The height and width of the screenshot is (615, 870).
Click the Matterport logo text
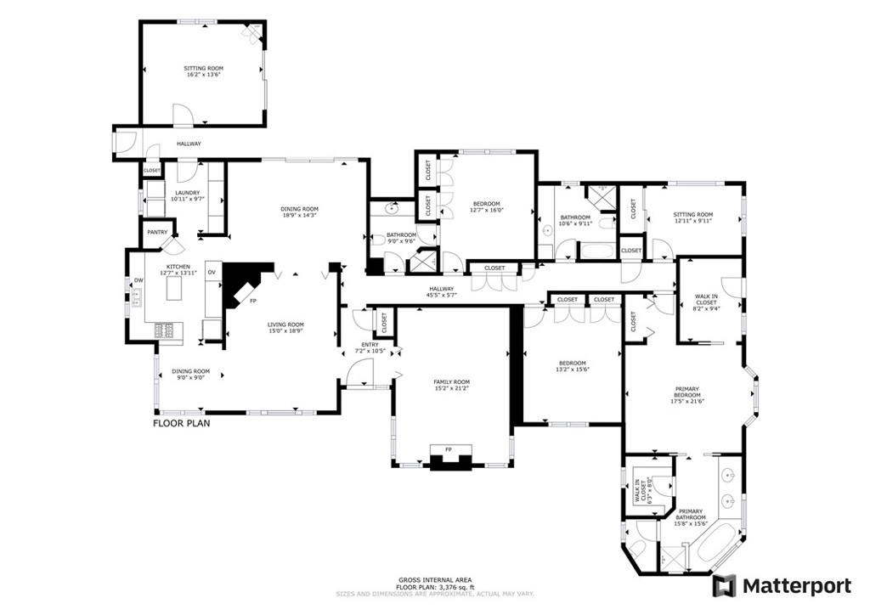(796, 586)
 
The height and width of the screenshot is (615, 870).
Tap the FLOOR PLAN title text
(181, 422)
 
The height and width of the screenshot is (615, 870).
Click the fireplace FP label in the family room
(449, 449)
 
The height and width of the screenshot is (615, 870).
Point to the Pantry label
(156, 232)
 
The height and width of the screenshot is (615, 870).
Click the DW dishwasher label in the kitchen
(138, 280)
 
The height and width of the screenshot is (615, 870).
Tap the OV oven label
(212, 272)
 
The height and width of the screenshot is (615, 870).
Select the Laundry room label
(187, 193)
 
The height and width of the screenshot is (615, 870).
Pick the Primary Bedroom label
(687, 395)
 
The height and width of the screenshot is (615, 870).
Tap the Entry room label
(370, 345)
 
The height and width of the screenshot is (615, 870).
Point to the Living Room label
(285, 324)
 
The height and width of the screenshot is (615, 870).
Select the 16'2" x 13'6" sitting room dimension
(204, 75)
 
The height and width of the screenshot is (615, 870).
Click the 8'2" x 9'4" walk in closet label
(706, 309)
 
